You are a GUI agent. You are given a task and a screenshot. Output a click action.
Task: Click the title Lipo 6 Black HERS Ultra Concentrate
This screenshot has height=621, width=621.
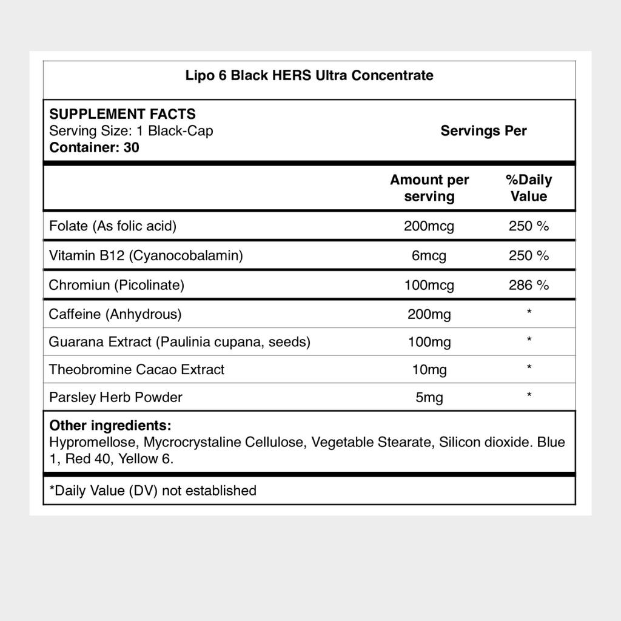point(309,76)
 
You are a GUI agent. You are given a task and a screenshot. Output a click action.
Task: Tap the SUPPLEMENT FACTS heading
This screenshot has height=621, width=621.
point(122,114)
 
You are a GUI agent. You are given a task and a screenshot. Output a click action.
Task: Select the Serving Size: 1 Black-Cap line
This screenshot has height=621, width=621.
point(131,131)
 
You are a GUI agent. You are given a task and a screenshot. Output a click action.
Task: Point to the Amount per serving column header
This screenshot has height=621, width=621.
point(429,188)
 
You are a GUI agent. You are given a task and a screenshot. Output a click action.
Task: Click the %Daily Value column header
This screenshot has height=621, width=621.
point(529,188)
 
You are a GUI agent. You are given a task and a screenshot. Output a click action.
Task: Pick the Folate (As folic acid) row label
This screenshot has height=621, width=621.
point(113,226)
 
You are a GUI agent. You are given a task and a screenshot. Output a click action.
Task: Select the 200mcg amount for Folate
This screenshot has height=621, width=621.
point(429,227)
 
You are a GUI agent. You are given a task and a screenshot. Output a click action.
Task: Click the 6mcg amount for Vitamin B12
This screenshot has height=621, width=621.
point(429,256)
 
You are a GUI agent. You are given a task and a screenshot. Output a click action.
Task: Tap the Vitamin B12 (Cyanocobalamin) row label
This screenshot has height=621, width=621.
point(146,255)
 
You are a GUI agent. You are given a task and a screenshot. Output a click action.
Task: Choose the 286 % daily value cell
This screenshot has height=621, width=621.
point(529,285)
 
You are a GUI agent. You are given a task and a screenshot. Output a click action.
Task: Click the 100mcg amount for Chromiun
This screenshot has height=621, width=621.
point(429,285)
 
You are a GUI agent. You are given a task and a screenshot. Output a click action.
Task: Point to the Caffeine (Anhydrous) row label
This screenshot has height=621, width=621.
point(115,314)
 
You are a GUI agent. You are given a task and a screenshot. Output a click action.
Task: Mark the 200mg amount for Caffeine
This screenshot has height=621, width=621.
point(429,314)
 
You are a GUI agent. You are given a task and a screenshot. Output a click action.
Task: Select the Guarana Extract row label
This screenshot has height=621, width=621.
point(180,342)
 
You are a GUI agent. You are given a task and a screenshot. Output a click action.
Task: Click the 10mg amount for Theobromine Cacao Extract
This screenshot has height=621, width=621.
point(429,370)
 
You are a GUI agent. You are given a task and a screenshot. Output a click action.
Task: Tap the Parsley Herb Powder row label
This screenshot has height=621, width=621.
point(116,397)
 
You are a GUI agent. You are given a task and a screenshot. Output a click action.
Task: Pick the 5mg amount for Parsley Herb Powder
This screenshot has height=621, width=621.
point(429,398)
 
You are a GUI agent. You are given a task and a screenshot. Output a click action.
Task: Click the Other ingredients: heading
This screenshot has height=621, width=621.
point(110,426)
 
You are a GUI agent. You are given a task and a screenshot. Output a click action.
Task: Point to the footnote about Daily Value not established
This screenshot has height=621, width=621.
point(153,490)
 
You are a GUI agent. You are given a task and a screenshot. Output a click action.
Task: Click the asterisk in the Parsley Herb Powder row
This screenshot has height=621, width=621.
point(529,395)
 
